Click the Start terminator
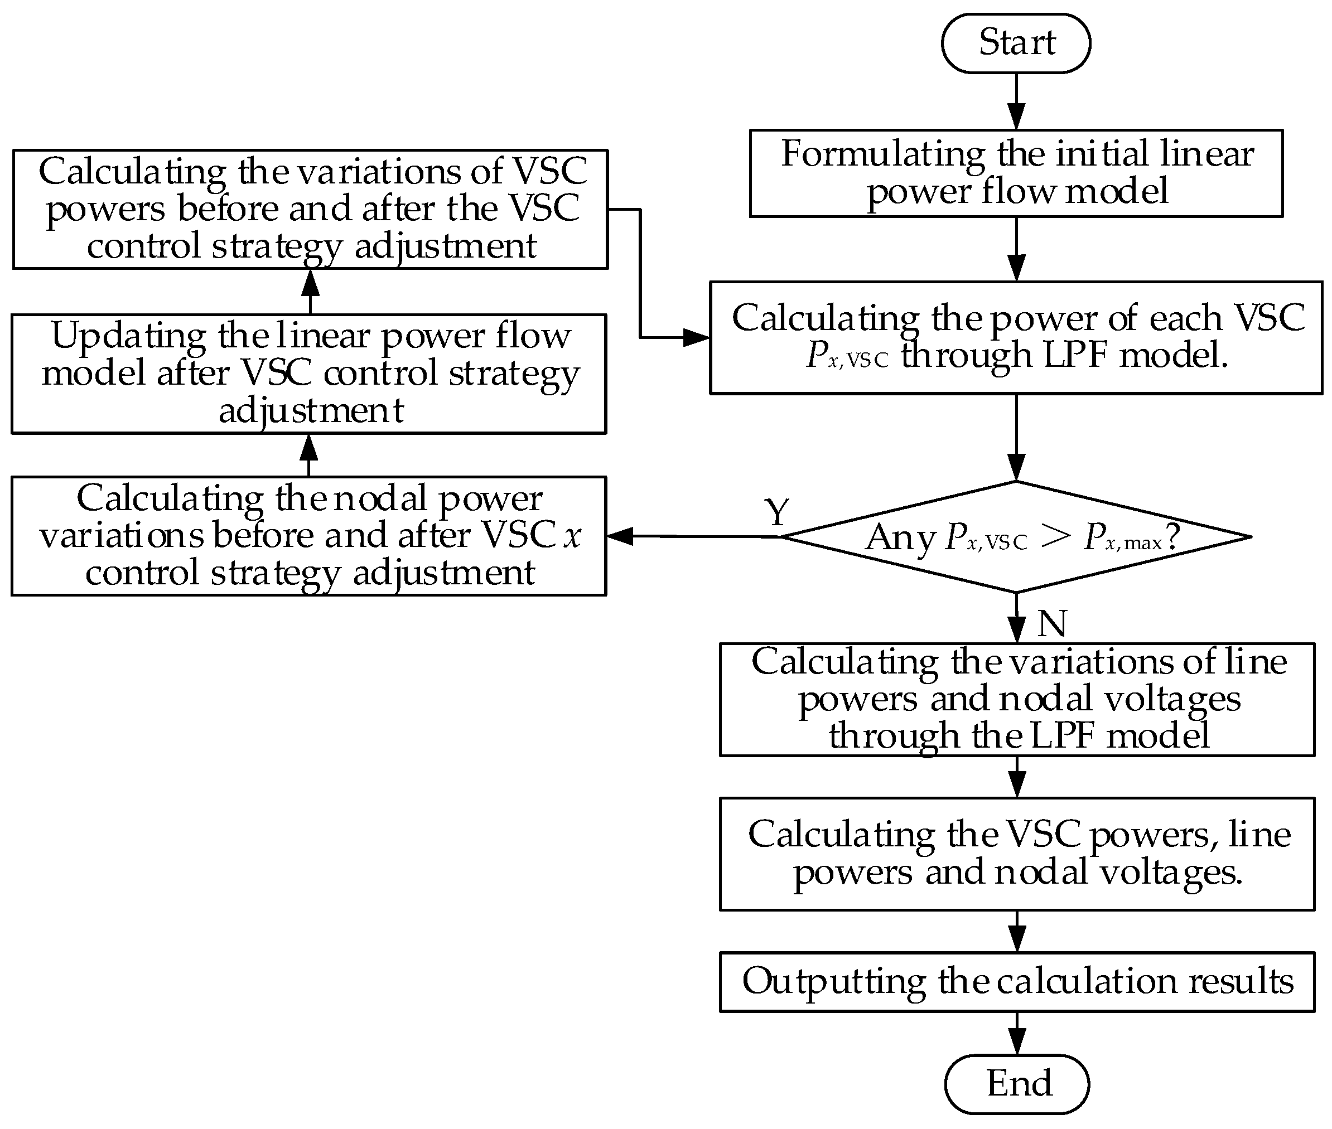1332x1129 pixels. pyautogui.click(x=1016, y=43)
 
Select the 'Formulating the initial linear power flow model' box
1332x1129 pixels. pyautogui.click(x=1016, y=173)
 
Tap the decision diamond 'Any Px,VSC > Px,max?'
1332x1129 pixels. pyautogui.click(x=1016, y=537)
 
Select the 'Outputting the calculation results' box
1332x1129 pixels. pyautogui.click(x=1017, y=982)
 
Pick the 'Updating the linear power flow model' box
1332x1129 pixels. pyautogui.click(x=308, y=374)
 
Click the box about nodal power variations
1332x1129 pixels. pyautogui.click(x=308, y=536)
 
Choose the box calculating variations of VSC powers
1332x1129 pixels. pyautogui.click(x=311, y=209)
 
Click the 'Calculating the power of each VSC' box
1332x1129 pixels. pyautogui.click(x=1016, y=337)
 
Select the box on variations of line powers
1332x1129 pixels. pyautogui.click(x=1017, y=700)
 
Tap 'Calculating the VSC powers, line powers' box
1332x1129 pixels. pyautogui.click(x=1017, y=854)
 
